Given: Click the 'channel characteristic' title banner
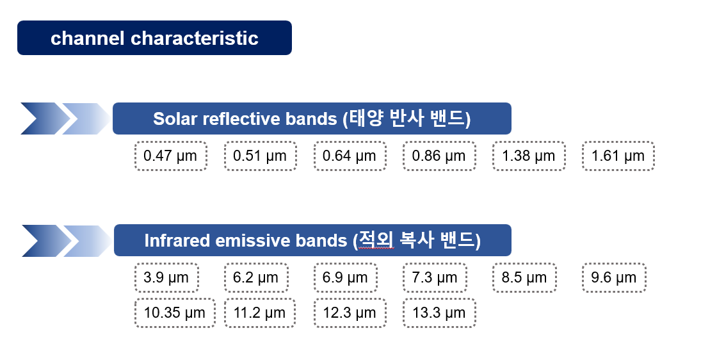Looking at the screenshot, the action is click(x=154, y=38).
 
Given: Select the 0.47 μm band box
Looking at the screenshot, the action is click(x=170, y=156).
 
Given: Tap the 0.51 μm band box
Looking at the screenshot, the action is click(x=260, y=156).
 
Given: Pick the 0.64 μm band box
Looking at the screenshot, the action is click(x=350, y=156).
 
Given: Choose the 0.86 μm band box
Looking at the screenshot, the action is click(x=439, y=156).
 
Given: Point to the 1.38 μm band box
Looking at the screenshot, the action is click(x=529, y=156).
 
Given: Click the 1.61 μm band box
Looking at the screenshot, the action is click(x=618, y=156).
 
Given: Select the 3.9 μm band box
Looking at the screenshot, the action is click(x=166, y=277).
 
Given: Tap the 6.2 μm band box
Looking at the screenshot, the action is click(x=256, y=277).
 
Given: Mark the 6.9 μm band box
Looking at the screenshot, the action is click(x=346, y=277).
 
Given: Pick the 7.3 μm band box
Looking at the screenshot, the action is click(x=435, y=277).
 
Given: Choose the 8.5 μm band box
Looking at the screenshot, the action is click(x=524, y=277).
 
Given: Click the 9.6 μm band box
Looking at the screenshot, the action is click(x=615, y=277).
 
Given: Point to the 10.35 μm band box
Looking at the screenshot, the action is click(x=175, y=313).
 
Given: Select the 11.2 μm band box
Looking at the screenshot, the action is click(x=260, y=313).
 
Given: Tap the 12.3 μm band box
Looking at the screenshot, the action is click(x=350, y=313).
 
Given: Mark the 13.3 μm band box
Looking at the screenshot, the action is click(x=439, y=313).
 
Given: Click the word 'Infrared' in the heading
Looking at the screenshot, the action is click(x=177, y=241).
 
